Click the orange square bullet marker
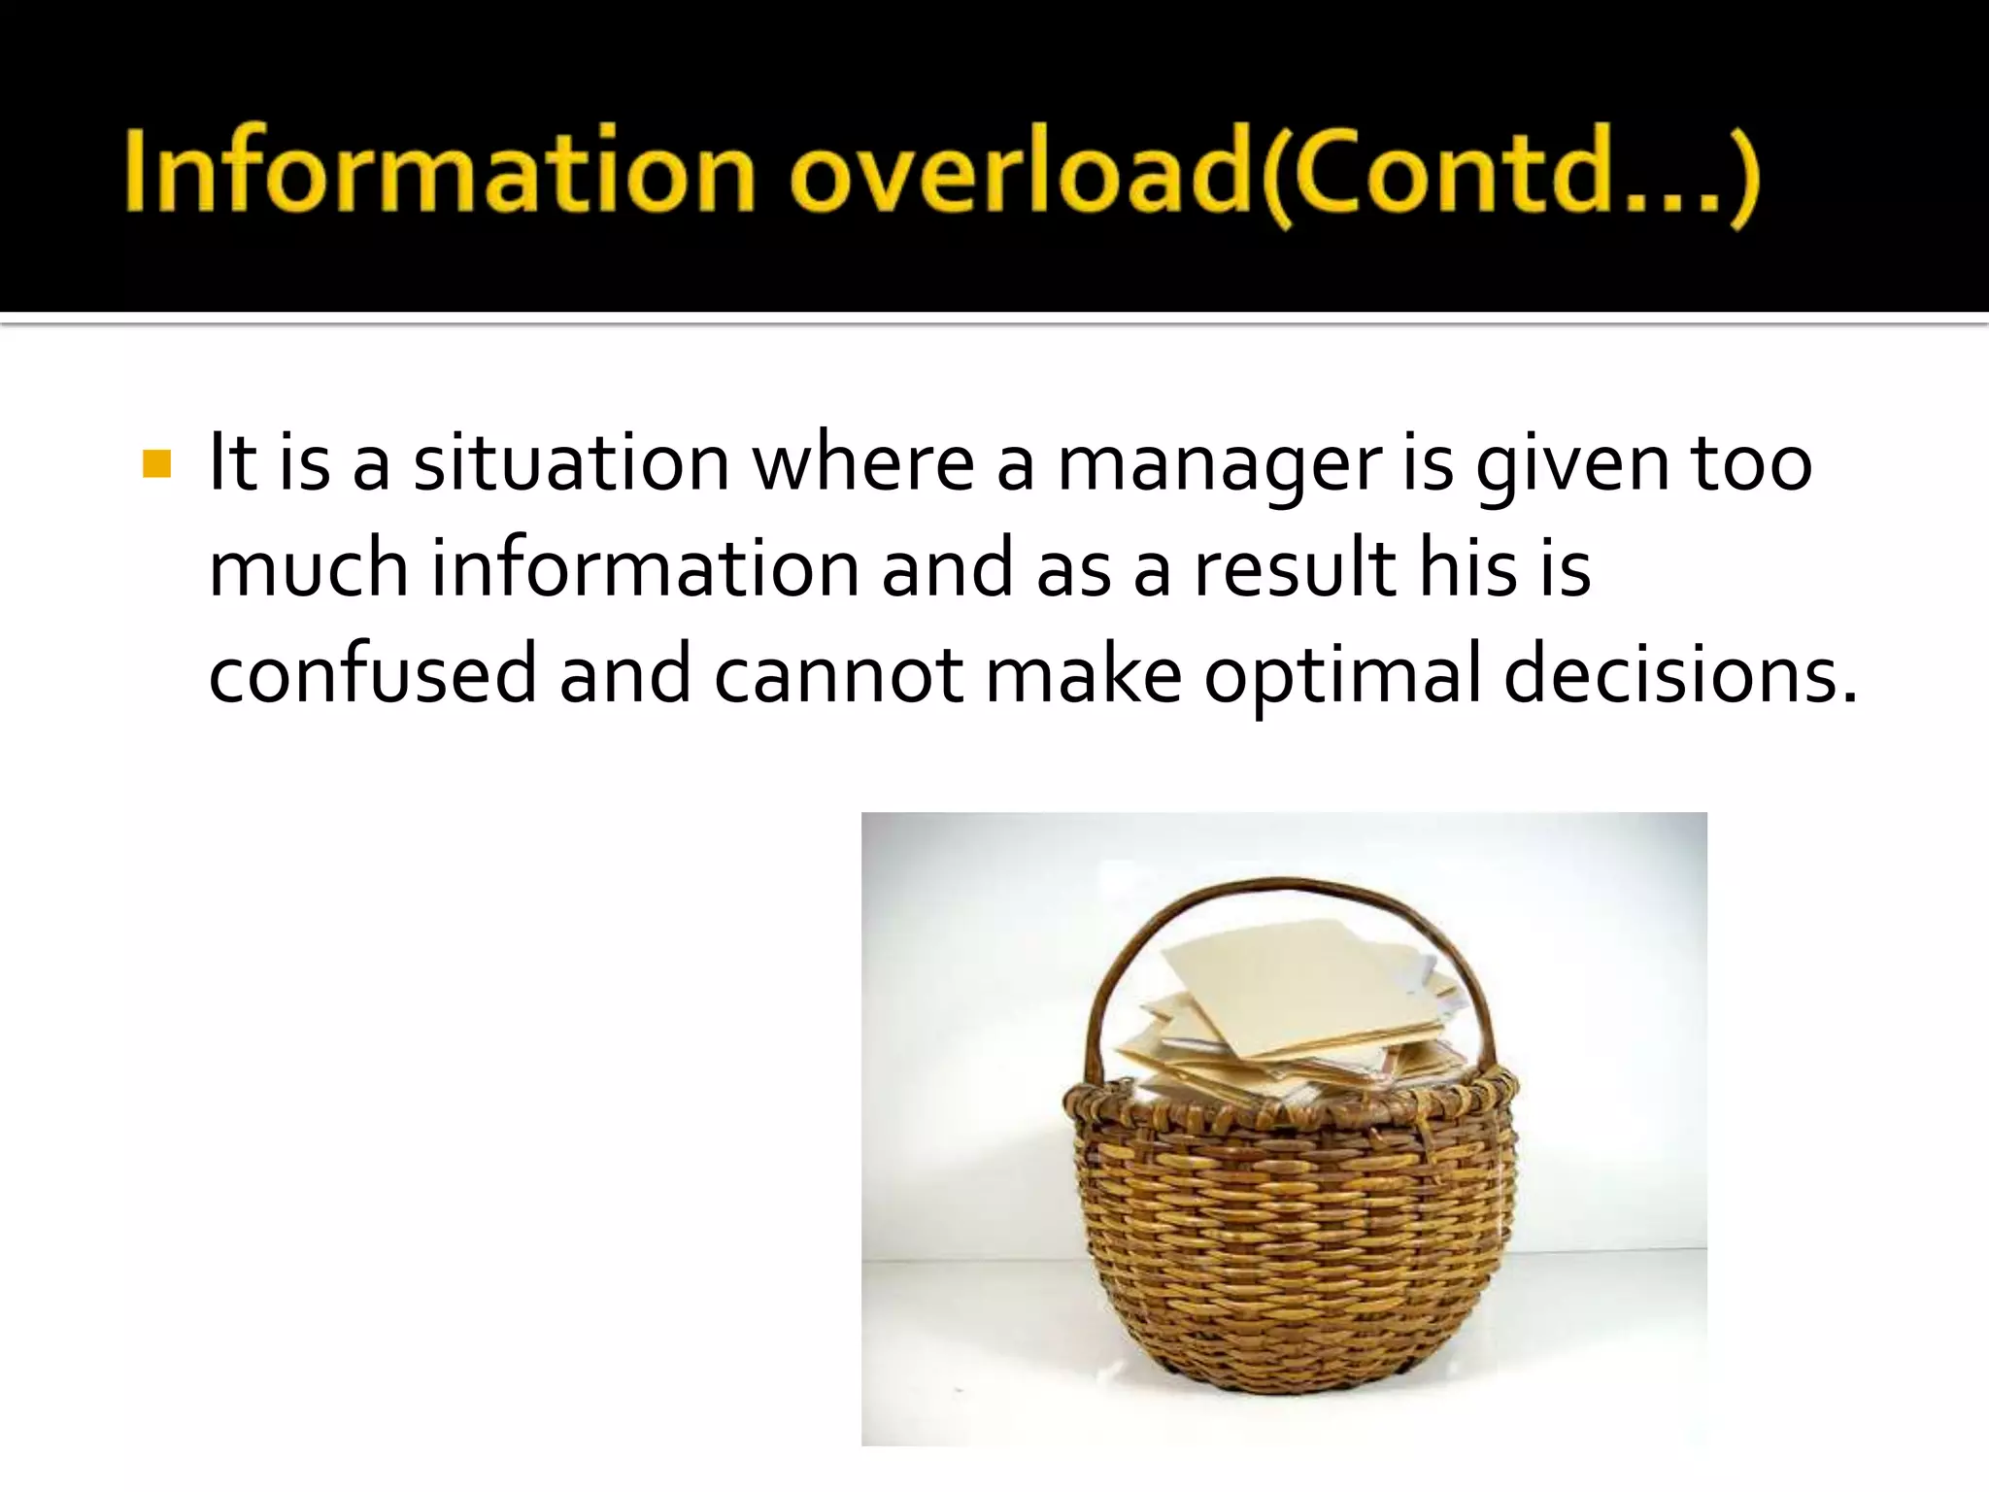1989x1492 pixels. click(156, 464)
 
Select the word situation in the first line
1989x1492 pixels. click(571, 463)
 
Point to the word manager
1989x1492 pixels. click(1219, 465)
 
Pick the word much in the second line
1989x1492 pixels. click(308, 568)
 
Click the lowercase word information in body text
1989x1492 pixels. click(646, 568)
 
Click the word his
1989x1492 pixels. click(1467, 568)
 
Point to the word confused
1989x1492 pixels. click(372, 673)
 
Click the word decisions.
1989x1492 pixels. click(1679, 673)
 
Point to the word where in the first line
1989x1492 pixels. click(862, 463)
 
